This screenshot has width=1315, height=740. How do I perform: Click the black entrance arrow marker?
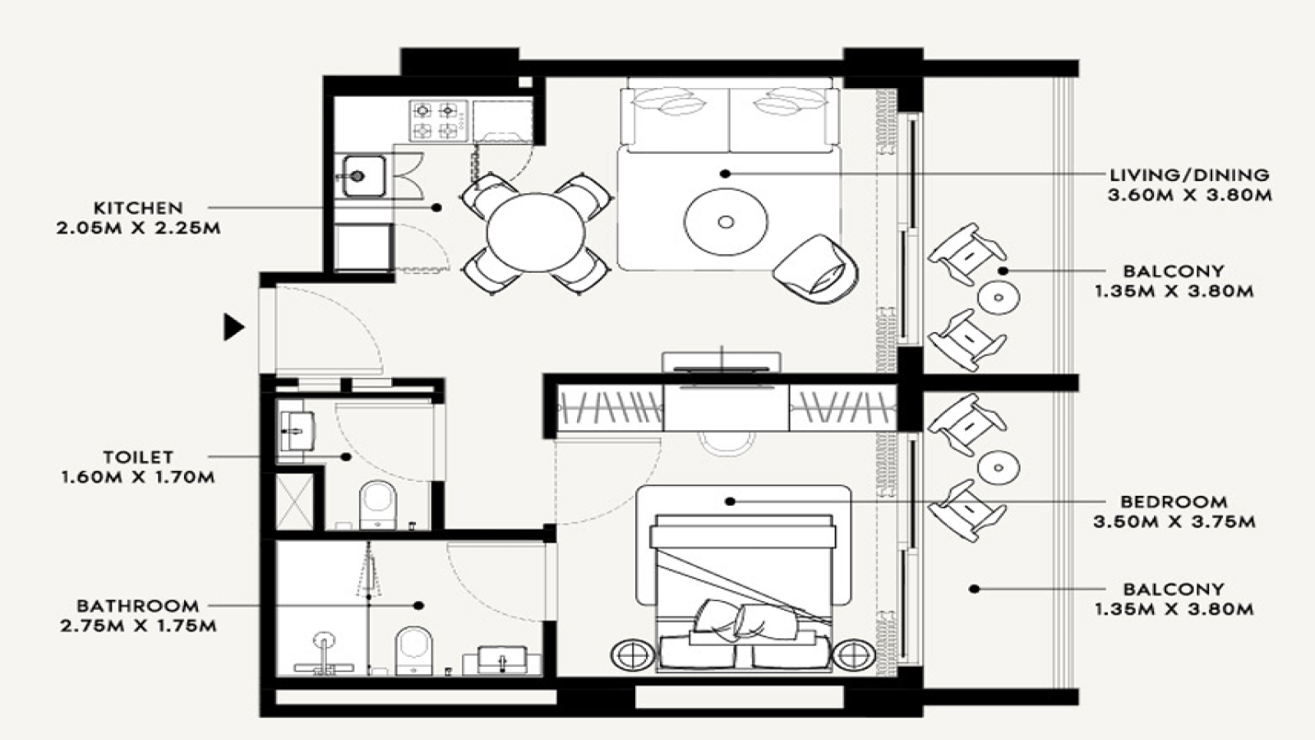(x=233, y=327)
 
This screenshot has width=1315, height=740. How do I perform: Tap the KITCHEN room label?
(x=139, y=208)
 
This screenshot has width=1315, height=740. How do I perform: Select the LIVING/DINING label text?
(x=1189, y=175)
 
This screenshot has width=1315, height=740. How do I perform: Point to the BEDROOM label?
(x=1174, y=502)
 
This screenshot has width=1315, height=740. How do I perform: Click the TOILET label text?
(x=139, y=457)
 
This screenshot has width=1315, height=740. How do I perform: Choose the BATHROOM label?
(x=138, y=605)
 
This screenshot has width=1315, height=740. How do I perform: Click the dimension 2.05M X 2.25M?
(x=139, y=228)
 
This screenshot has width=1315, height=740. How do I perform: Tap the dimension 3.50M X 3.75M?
(x=1174, y=521)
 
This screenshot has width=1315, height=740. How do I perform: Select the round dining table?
(x=535, y=233)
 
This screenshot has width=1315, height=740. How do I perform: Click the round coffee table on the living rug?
(x=726, y=221)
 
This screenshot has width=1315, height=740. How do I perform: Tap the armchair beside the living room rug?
(x=816, y=269)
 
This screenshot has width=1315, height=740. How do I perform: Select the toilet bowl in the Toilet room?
(x=377, y=505)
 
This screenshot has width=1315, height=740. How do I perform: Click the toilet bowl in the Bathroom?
(x=414, y=650)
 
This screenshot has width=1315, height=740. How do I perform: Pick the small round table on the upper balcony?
(x=998, y=298)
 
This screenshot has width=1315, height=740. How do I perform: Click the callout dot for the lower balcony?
(x=974, y=589)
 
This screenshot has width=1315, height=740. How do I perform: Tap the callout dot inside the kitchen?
(x=436, y=207)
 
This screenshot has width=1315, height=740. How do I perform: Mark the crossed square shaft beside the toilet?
(x=295, y=502)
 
